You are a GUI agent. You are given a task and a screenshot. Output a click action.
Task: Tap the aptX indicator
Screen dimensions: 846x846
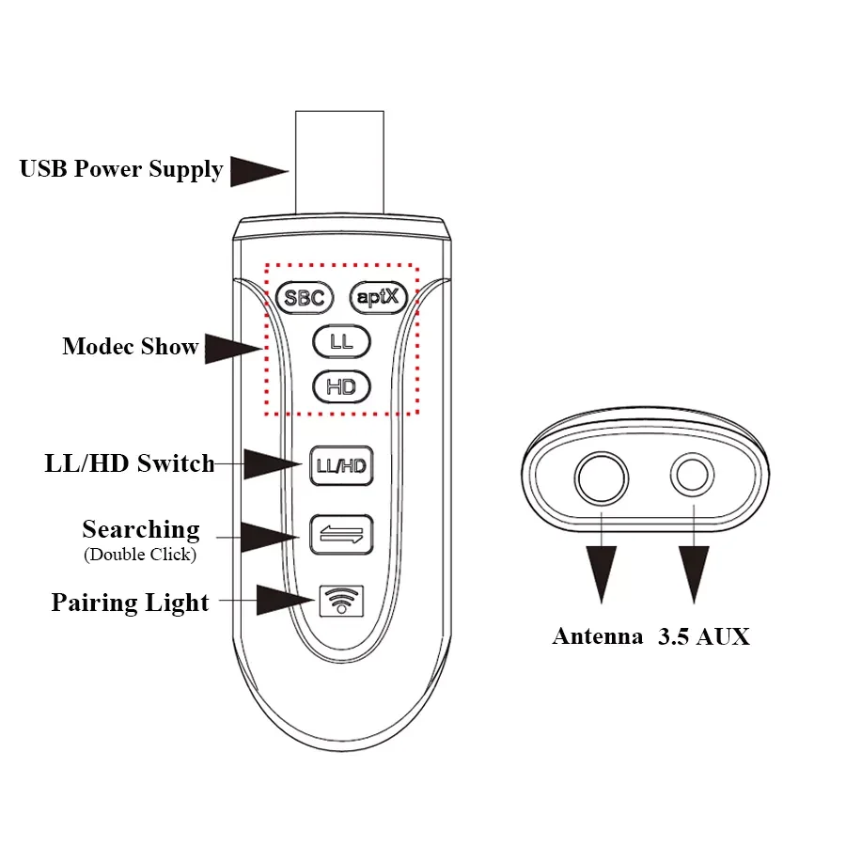(379, 298)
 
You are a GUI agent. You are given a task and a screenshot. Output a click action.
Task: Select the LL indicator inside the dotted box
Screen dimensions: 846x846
(341, 342)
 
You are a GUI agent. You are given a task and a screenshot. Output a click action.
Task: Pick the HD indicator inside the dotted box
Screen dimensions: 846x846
(341, 386)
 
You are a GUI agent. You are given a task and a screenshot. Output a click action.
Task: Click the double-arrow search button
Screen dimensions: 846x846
(341, 534)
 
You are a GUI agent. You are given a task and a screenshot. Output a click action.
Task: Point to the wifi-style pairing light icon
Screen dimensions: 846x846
(341, 599)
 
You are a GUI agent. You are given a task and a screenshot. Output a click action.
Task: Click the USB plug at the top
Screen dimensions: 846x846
(338, 162)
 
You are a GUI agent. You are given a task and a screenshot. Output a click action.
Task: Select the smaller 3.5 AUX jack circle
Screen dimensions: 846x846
(692, 477)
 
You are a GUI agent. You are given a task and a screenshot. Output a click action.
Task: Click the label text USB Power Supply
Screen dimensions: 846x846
(121, 169)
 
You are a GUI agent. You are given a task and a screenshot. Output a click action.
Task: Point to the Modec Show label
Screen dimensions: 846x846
(131, 346)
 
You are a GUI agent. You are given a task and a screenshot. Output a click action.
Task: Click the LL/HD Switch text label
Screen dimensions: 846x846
(130, 463)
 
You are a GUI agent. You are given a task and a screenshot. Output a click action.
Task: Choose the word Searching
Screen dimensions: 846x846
(141, 529)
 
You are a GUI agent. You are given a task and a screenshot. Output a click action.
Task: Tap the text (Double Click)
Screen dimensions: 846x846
(140, 555)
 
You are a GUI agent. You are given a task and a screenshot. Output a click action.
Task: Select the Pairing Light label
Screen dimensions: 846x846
(130, 603)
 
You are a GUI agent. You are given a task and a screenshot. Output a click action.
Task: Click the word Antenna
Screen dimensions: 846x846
(597, 636)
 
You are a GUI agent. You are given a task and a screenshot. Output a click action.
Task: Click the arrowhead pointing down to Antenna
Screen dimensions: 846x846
(602, 572)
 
